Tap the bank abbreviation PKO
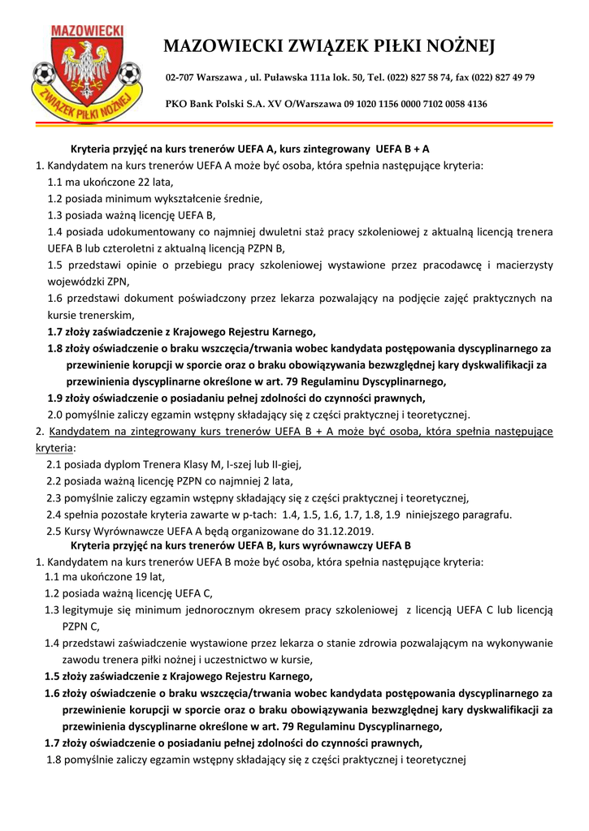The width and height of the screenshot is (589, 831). [x=176, y=104]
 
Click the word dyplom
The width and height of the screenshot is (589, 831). [x=112, y=464]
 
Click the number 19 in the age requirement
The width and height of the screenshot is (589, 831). [x=123, y=577]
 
